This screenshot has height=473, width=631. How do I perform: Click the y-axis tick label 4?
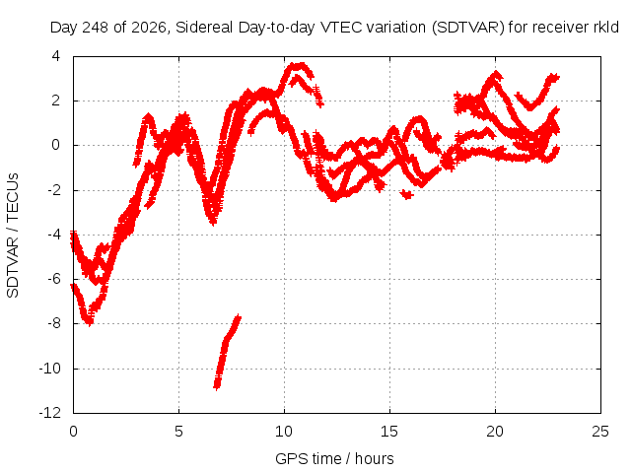(56, 56)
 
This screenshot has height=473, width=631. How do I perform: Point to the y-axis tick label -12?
(50, 413)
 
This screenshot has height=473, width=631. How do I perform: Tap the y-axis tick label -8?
(54, 323)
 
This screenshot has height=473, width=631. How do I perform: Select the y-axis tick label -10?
(50, 368)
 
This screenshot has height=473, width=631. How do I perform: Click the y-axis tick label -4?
(54, 235)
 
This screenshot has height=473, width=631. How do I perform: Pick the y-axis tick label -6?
(54, 279)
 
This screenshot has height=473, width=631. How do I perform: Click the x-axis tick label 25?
(600, 432)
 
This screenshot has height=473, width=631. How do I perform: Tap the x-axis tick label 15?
(389, 432)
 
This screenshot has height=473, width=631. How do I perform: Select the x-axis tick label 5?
(178, 432)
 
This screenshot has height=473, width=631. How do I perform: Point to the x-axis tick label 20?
(495, 432)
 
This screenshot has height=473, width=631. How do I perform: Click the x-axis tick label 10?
(284, 432)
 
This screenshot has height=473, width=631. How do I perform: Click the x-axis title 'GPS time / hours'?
(334, 458)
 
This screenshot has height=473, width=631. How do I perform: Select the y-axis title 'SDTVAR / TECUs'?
(13, 236)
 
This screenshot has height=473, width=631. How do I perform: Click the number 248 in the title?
(96, 28)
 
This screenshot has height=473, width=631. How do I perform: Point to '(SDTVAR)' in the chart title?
(468, 28)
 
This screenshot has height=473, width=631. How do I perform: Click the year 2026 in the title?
(149, 28)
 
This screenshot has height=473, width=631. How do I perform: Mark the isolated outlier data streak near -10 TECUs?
(228, 352)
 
